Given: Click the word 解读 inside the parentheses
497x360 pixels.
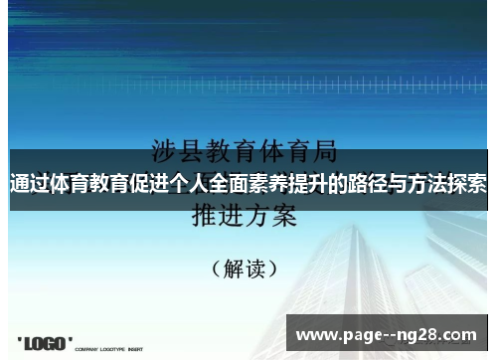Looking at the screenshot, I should tap(244, 269).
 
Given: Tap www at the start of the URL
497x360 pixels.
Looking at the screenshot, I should tap(317, 334).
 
